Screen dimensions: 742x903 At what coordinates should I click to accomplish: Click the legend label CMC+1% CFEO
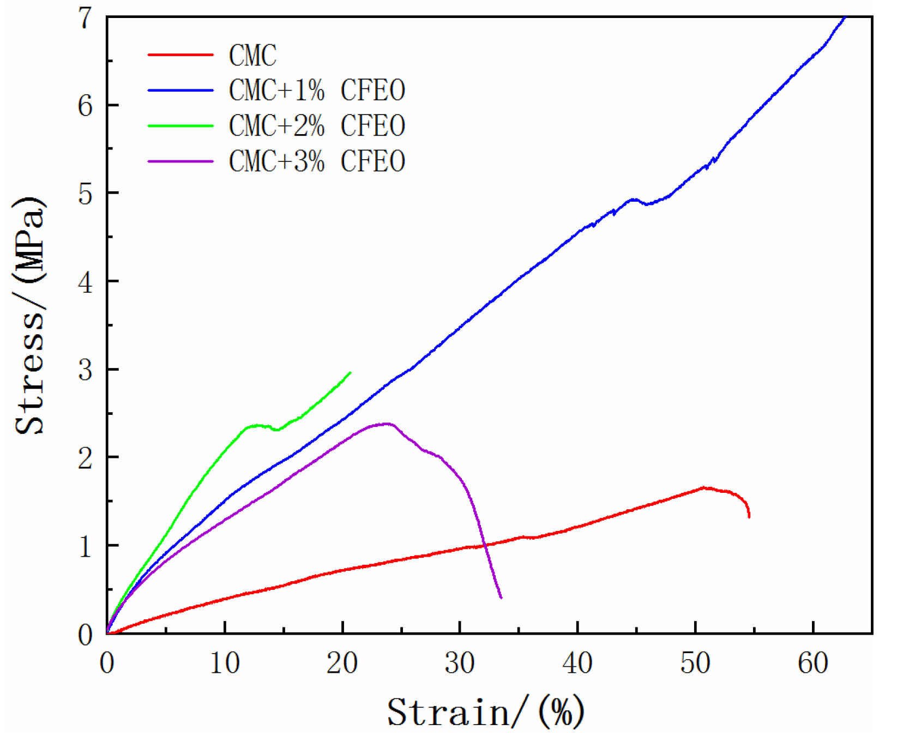pyautogui.click(x=317, y=91)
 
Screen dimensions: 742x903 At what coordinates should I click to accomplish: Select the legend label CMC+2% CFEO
pyautogui.click(x=317, y=126)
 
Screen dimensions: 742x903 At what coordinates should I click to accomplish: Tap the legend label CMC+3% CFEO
pyautogui.click(x=317, y=161)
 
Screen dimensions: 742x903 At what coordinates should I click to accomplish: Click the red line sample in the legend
pyautogui.click(x=180, y=55)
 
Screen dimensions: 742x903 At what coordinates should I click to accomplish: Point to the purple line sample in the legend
pyautogui.click(x=180, y=161)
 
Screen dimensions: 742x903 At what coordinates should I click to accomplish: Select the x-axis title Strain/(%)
pyautogui.click(x=485, y=712)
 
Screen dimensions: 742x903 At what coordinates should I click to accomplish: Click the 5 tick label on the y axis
pyautogui.click(x=86, y=194)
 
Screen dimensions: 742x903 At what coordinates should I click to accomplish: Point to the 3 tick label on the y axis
pyautogui.click(x=86, y=370)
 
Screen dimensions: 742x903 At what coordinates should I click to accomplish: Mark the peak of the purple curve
pyautogui.click(x=387, y=423)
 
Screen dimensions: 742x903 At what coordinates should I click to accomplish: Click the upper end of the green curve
pyautogui.click(x=350, y=372)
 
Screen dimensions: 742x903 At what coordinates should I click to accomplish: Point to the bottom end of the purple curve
pyautogui.click(x=501, y=598)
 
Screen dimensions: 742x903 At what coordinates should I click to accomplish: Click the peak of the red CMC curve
pyautogui.click(x=703, y=487)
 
